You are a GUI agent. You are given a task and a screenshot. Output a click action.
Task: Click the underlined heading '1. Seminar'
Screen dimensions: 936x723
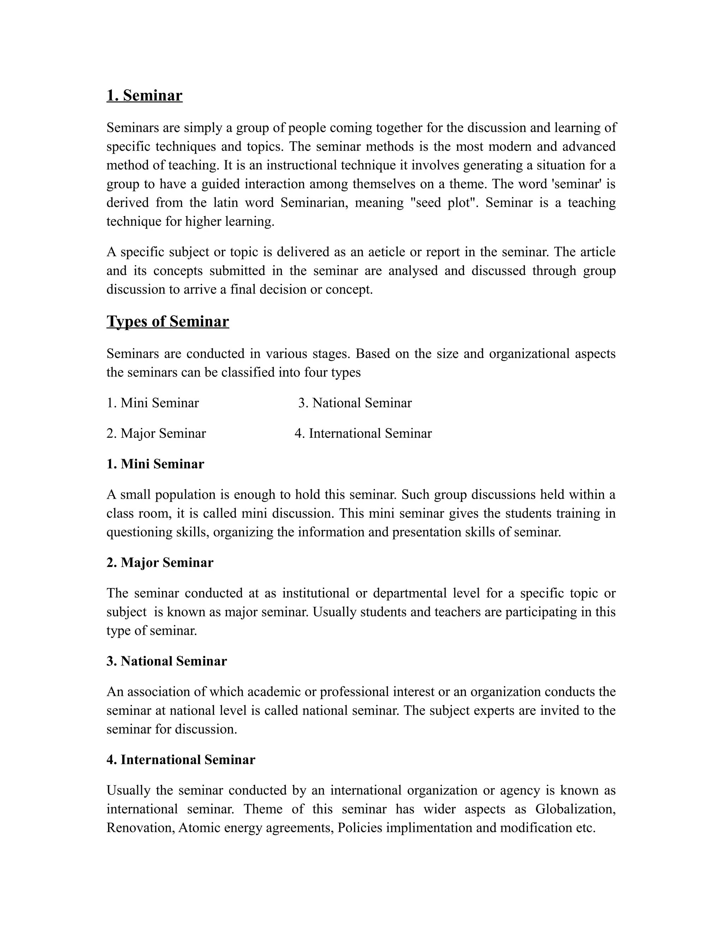(144, 95)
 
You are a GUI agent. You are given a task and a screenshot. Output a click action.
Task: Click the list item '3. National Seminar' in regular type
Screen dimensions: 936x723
(355, 403)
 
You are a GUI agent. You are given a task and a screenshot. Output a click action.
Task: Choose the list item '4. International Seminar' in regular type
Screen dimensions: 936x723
(363, 433)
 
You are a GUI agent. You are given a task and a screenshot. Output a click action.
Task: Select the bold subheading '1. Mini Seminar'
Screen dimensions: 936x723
(155, 464)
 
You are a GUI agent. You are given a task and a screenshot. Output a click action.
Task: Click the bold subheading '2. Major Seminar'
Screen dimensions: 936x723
(160, 562)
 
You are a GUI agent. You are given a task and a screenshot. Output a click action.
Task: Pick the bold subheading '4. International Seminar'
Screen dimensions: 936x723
(181, 759)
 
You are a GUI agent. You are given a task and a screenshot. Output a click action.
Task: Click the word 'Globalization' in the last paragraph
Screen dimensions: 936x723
(575, 809)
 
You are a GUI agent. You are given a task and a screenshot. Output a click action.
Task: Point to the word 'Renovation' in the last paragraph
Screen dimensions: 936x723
(140, 828)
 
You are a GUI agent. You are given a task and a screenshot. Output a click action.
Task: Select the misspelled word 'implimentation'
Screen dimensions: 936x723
(429, 828)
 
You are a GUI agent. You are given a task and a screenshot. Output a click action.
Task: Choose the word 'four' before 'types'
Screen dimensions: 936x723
(316, 372)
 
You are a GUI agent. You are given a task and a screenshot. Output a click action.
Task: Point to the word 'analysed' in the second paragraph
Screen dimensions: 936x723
(413, 271)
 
